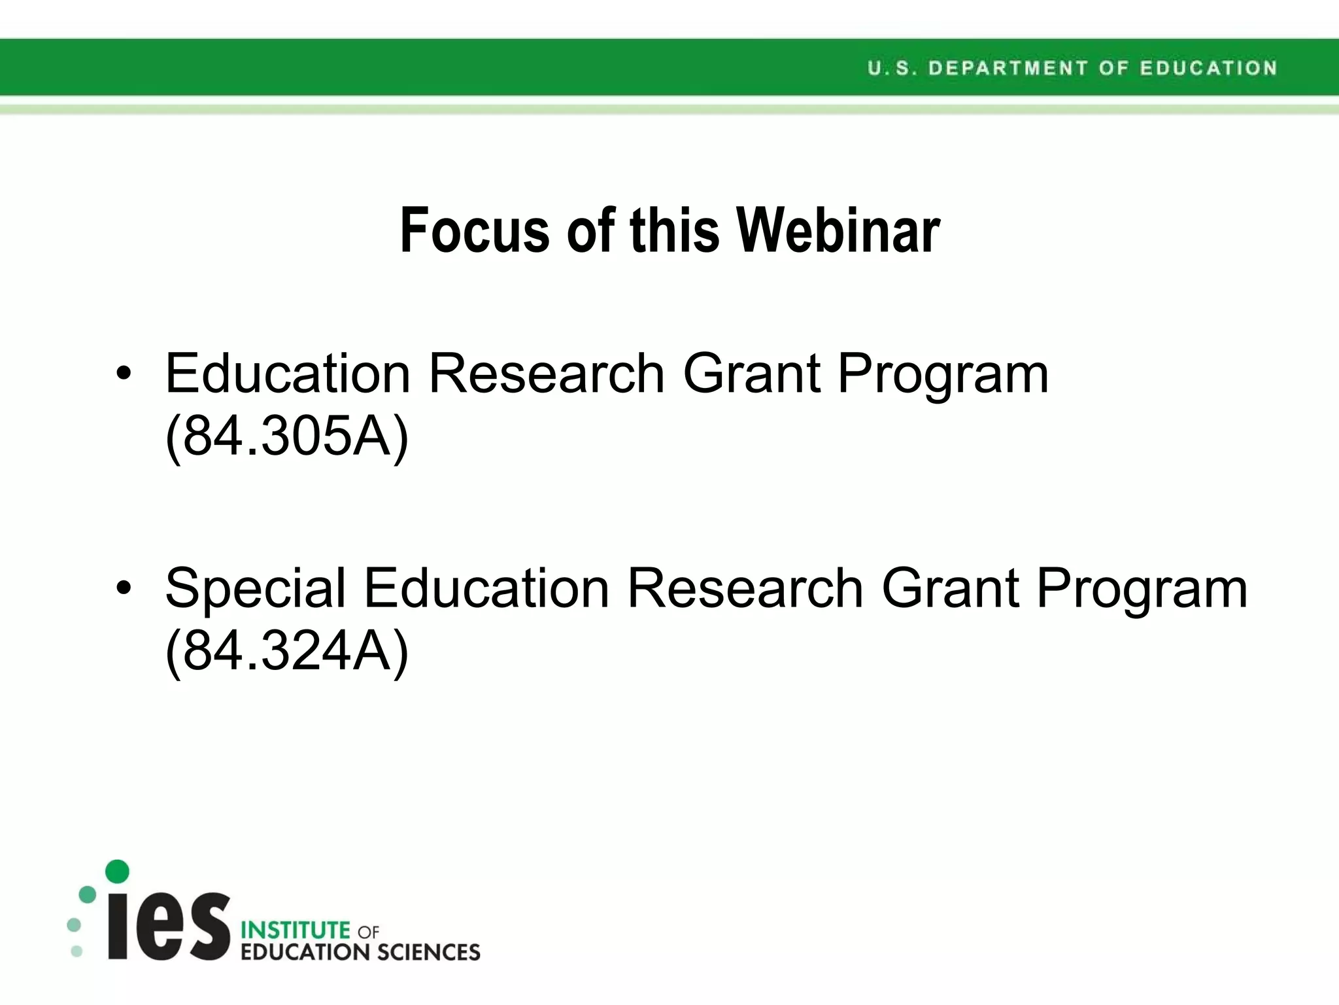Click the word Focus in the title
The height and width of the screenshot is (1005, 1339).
click(475, 230)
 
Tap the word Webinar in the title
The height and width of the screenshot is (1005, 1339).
click(838, 230)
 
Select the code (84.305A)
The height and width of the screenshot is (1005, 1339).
click(287, 436)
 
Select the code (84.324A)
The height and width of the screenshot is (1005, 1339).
click(287, 650)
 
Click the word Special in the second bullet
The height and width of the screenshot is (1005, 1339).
click(256, 588)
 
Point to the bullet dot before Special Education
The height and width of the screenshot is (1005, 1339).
click(124, 588)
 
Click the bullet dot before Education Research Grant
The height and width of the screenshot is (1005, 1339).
click(124, 374)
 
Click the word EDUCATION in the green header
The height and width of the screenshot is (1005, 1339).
click(1208, 68)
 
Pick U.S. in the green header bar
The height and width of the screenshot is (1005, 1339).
click(888, 68)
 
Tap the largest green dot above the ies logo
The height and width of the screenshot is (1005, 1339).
click(117, 871)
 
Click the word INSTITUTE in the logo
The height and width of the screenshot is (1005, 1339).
click(296, 930)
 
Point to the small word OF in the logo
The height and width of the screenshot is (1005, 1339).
click(368, 932)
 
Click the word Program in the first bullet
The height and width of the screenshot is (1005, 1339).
click(943, 374)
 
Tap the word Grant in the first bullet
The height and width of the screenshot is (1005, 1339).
click(751, 374)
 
